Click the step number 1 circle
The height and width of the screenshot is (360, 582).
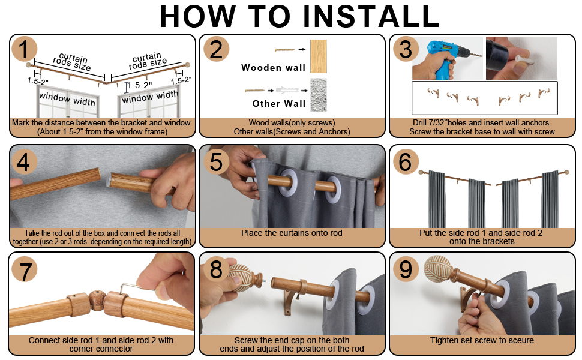pyautogui.click(x=24, y=49)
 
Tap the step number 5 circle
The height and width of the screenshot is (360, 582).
pyautogui.click(x=217, y=162)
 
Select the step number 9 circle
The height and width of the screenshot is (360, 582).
pyautogui.click(x=406, y=269)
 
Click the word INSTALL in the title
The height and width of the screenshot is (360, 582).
pyautogui.click(x=371, y=16)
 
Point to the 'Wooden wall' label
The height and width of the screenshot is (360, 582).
pyautogui.click(x=273, y=68)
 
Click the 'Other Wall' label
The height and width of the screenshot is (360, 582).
pyautogui.click(x=279, y=104)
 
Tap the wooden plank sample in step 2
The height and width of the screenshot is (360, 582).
pyautogui.click(x=319, y=56)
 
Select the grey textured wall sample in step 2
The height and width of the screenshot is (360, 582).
pyautogui.click(x=319, y=95)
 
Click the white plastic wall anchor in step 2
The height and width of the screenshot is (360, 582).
pyautogui.click(x=287, y=90)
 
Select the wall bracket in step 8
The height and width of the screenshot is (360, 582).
pyautogui.click(x=294, y=301)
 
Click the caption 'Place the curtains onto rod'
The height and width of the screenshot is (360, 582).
pyautogui.click(x=292, y=233)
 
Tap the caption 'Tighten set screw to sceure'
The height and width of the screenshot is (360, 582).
pyautogui.click(x=482, y=340)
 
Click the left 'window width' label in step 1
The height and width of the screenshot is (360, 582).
pyautogui.click(x=67, y=98)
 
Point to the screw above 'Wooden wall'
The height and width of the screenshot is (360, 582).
pyautogui.click(x=285, y=49)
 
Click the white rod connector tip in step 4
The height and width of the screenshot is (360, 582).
pyautogui.click(x=108, y=181)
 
